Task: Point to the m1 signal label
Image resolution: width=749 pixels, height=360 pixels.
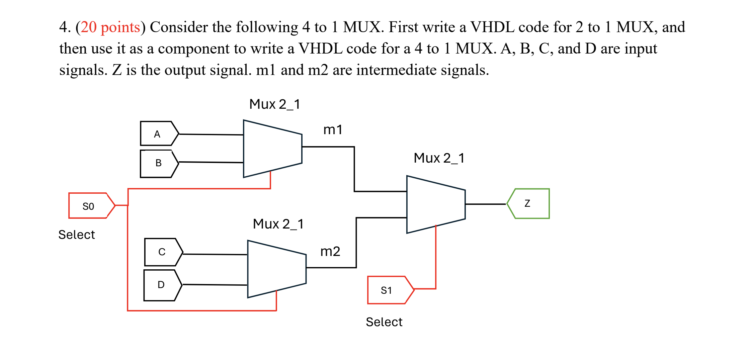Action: click(333, 130)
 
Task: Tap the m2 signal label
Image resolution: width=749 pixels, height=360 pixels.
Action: click(330, 252)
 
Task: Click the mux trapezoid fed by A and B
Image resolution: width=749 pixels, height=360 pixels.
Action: click(272, 149)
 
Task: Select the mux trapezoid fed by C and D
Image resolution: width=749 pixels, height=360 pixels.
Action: click(276, 269)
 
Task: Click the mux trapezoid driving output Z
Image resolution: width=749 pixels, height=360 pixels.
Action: click(435, 204)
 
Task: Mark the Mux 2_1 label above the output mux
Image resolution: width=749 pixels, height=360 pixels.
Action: click(439, 158)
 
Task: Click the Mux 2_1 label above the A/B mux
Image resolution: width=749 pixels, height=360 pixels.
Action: click(274, 104)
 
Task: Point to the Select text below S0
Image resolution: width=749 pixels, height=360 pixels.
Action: click(77, 235)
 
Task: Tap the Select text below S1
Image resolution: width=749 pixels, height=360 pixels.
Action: click(384, 322)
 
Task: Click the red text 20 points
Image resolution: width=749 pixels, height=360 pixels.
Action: click(110, 27)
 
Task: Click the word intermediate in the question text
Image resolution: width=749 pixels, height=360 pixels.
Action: click(396, 70)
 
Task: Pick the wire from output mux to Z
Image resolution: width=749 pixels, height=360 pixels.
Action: click(485, 204)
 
